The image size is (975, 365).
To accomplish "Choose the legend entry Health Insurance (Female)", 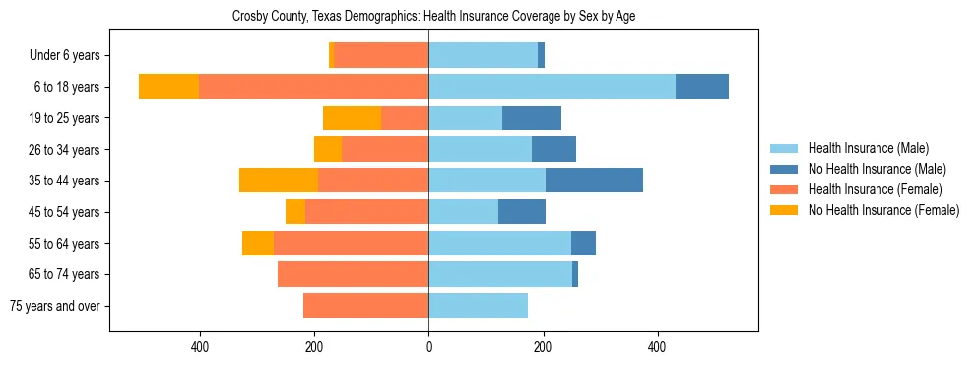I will [x=870, y=189].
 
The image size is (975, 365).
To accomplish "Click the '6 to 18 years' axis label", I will [x=66, y=87].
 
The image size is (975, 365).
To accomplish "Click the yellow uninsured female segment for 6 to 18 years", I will [x=168, y=87].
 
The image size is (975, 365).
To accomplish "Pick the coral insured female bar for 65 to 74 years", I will [x=353, y=274].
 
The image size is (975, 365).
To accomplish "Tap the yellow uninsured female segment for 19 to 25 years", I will [x=352, y=118].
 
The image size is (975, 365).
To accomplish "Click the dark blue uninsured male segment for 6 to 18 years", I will [x=701, y=87].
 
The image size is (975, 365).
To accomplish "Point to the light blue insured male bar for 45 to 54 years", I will [x=463, y=212].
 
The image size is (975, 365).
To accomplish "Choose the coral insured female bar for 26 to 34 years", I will [x=385, y=149].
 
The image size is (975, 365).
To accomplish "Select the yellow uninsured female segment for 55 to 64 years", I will [x=258, y=243].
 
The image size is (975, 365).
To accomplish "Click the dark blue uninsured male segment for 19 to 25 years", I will [x=532, y=118].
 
